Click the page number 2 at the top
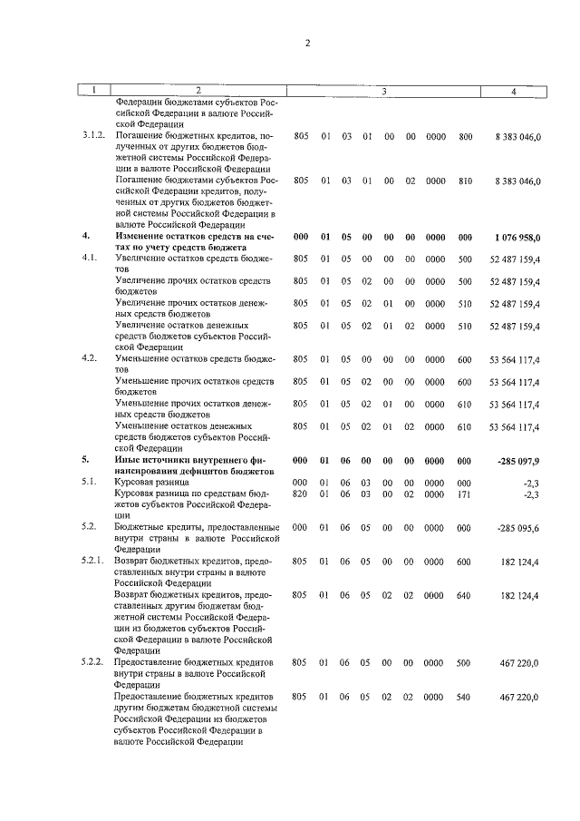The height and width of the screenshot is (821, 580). [x=307, y=42]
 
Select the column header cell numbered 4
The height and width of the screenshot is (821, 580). [x=513, y=91]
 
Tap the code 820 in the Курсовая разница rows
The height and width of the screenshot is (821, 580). [x=301, y=494]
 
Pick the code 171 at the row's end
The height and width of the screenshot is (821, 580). [x=465, y=494]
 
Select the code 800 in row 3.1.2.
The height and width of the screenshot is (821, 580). [x=465, y=135]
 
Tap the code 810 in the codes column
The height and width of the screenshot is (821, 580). [x=465, y=181]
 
